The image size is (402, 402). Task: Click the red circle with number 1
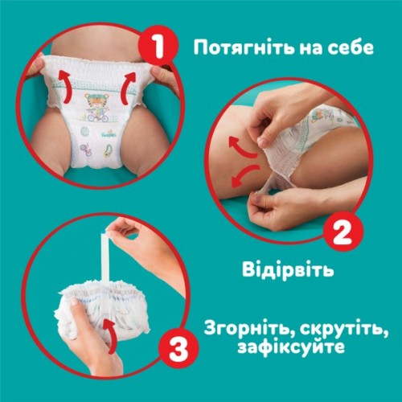click(162, 46)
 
